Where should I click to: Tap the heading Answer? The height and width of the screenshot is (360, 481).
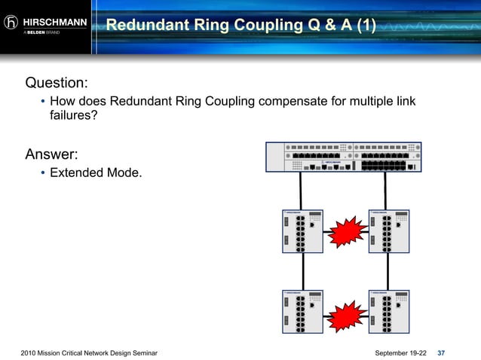(51, 155)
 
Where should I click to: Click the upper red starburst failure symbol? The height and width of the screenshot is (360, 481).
(346, 232)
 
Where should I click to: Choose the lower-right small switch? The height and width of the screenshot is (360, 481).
(389, 312)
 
